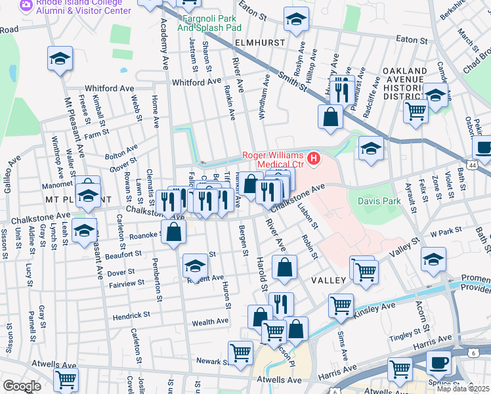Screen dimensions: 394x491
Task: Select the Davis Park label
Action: pos(377,200)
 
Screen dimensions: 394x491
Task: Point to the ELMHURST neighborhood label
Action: pos(260,43)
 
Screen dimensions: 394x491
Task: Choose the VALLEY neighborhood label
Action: pos(328,280)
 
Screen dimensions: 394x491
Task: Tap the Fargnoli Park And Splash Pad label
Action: pos(209,23)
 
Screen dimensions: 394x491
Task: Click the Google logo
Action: pos(22,385)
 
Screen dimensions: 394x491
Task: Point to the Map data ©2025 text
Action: pos(463,389)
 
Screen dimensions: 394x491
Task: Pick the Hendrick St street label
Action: pos(133,316)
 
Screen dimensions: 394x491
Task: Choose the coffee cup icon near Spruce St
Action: pos(438,362)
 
